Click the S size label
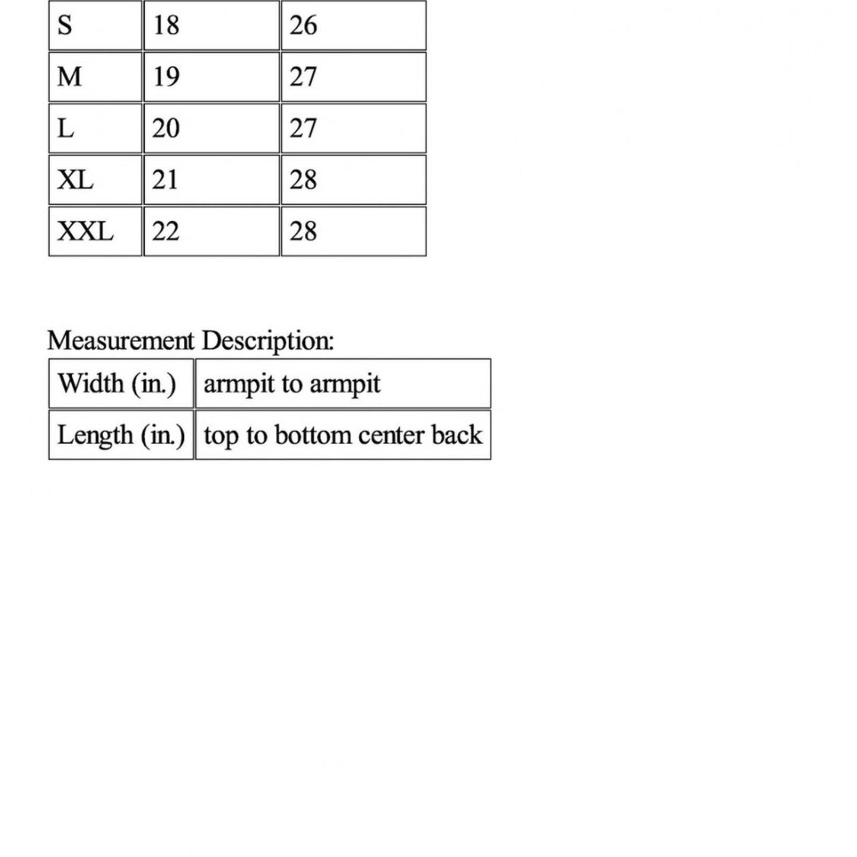click(x=65, y=26)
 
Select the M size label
click(x=69, y=77)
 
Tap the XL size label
click(x=75, y=180)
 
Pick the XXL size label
click(x=85, y=231)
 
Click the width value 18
click(x=165, y=26)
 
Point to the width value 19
click(x=165, y=77)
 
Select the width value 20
click(x=165, y=128)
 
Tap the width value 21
click(x=165, y=180)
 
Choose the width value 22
click(x=165, y=231)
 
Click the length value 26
click(x=303, y=26)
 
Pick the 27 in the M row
click(x=303, y=77)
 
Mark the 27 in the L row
click(x=303, y=128)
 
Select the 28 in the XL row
click(x=303, y=180)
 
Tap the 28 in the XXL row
click(x=303, y=231)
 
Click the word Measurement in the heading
click(x=120, y=341)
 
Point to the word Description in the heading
click(x=267, y=341)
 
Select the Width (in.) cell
click(x=117, y=384)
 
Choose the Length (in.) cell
click(x=121, y=435)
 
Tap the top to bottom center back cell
click(x=342, y=435)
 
